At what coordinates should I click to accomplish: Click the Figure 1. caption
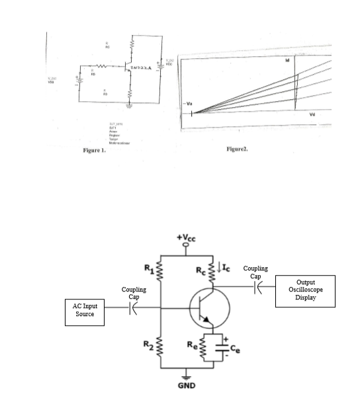click(x=95, y=151)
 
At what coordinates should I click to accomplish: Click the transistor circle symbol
click(x=208, y=308)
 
